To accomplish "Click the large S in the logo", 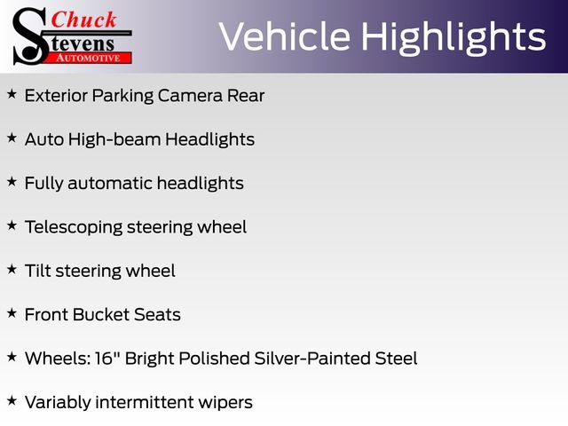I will pyautogui.click(x=28, y=35).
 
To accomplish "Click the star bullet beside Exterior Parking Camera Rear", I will pyautogui.click(x=12, y=93).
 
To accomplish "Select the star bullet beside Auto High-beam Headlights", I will pyautogui.click(x=12, y=138).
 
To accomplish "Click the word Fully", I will pyautogui.click(x=43, y=184).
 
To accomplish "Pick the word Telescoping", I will pyautogui.click(x=73, y=227).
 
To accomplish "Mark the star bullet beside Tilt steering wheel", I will pyautogui.click(x=12, y=269).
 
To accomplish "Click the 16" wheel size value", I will pyautogui.click(x=108, y=359).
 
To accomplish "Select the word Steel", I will pyautogui.click(x=395, y=359).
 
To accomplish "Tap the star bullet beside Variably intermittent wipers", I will pyautogui.click(x=12, y=400).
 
